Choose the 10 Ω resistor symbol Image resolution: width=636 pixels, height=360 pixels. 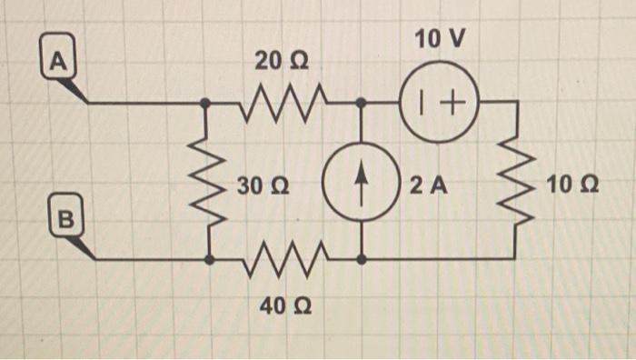pos(516,182)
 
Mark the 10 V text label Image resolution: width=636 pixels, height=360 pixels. pos(439,39)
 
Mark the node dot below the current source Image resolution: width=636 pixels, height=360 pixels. pos(362,259)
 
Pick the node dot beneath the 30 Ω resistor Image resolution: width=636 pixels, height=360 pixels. pos(210,259)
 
